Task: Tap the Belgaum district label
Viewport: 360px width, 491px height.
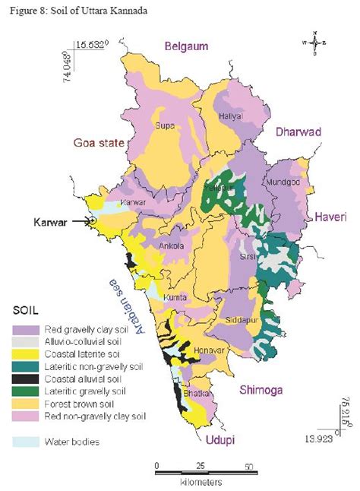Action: [182, 47]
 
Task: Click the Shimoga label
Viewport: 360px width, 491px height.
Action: [262, 390]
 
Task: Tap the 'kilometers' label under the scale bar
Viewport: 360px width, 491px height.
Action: [201, 482]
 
